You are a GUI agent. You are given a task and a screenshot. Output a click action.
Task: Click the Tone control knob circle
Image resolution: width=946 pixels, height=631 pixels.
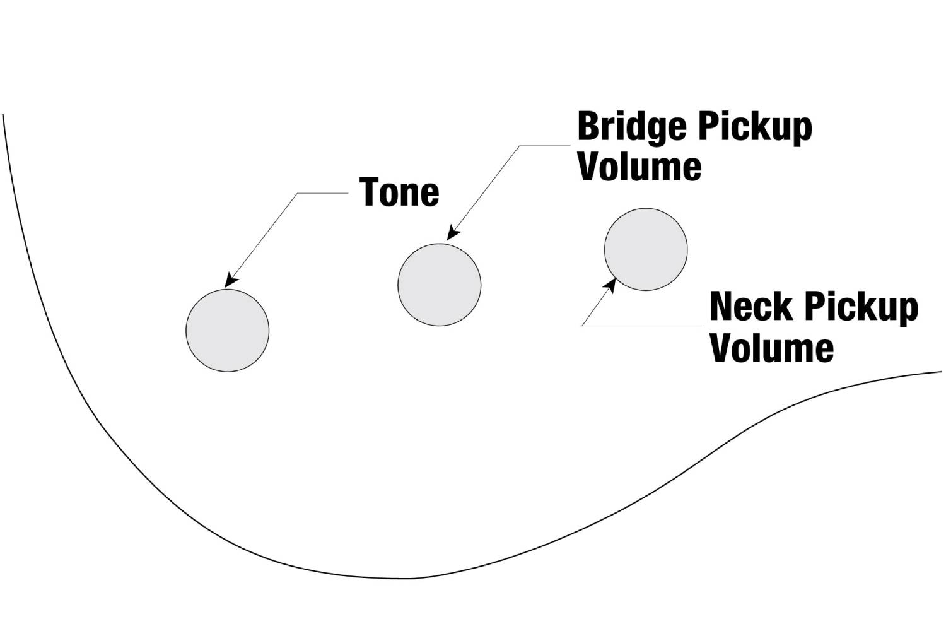tap(227, 331)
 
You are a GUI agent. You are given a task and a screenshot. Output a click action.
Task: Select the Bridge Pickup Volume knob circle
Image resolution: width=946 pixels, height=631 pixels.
tap(439, 285)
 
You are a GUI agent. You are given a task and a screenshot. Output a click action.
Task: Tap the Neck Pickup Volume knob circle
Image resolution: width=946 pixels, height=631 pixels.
tap(646, 249)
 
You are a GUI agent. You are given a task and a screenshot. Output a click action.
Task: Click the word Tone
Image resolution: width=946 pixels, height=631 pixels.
tap(399, 192)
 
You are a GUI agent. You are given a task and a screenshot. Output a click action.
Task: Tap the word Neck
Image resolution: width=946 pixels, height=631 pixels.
tap(751, 306)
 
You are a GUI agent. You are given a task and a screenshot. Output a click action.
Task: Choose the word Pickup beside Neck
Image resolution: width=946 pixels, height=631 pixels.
tap(861, 308)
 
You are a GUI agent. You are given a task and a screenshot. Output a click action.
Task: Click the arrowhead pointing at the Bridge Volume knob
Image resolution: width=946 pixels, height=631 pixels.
tap(453, 233)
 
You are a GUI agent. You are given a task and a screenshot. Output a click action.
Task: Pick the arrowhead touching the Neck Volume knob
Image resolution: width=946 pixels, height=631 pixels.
tap(609, 286)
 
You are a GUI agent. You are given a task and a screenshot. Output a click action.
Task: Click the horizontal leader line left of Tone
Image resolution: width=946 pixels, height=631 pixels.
tap(323, 193)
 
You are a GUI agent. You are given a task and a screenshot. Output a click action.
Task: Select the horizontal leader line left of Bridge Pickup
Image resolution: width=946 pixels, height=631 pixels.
tap(545, 146)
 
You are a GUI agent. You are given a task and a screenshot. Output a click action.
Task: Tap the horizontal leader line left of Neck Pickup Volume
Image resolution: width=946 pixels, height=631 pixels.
tap(642, 326)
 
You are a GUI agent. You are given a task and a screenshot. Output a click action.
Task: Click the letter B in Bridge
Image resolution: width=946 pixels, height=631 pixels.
tap(588, 126)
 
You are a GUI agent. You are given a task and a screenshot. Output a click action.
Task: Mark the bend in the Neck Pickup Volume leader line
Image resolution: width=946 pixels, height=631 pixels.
tap(582, 326)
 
